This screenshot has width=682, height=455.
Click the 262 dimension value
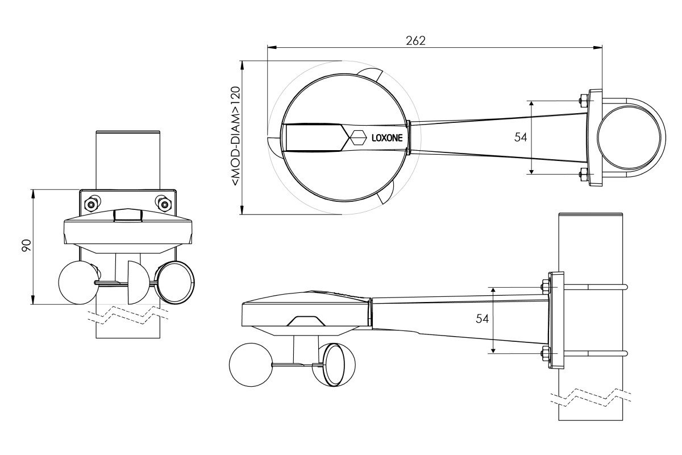point(415,40)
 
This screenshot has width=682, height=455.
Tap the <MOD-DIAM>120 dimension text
point(235,136)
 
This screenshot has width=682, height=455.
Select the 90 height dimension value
point(27,246)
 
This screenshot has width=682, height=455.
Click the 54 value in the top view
point(521,138)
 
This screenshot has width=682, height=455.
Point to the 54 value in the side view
point(482,318)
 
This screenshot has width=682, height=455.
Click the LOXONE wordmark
point(387,138)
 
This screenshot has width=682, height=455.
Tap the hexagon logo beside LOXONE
point(358,138)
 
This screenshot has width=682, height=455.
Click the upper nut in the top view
point(583,100)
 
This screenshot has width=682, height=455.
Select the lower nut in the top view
point(583,175)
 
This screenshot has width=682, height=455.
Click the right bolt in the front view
point(165,204)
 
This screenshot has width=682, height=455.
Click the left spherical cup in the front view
point(78,283)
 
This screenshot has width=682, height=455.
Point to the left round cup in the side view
point(250,365)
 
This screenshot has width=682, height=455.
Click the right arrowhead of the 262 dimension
point(598,48)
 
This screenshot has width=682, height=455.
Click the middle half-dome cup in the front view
point(138,283)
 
